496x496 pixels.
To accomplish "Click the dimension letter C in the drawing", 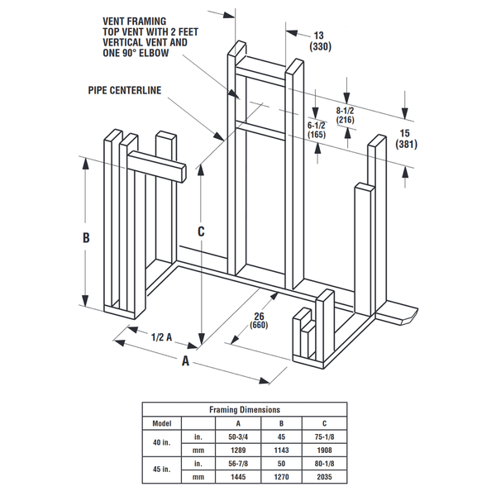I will [201, 232].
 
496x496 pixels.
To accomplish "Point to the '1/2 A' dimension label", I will [162, 337].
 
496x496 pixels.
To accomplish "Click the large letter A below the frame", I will [186, 361].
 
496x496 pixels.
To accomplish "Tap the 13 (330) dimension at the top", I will [318, 41].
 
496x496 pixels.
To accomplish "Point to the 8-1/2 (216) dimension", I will [345, 115].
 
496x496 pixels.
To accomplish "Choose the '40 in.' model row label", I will [161, 443].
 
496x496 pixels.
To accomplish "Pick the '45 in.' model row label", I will [161, 471].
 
